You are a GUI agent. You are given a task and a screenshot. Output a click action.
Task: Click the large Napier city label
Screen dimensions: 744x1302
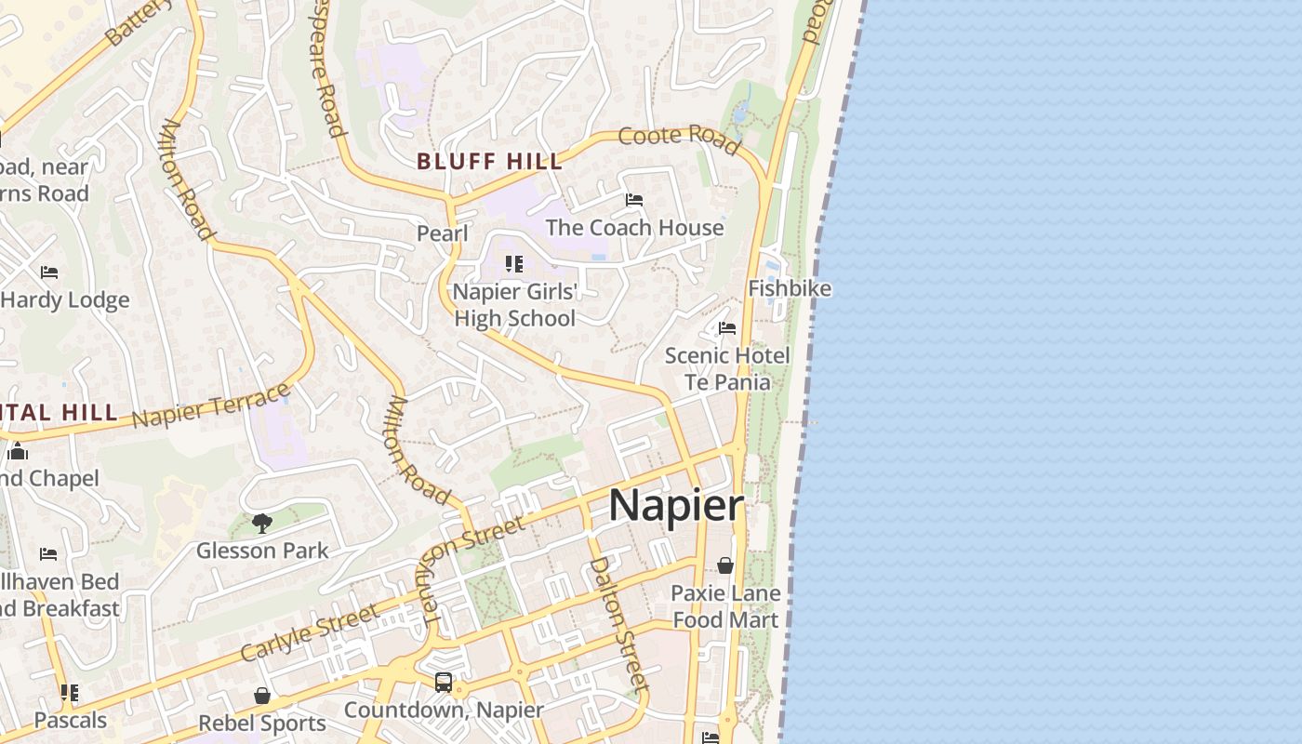[x=676, y=506]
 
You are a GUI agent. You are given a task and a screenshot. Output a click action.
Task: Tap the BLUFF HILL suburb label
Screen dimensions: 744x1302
[x=489, y=162]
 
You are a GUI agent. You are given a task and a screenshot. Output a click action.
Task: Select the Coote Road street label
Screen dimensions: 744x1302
[x=679, y=139]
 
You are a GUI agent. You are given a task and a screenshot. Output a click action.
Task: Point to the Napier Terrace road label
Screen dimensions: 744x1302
[x=211, y=405]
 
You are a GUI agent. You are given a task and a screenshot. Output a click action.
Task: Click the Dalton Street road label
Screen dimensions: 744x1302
[x=618, y=623]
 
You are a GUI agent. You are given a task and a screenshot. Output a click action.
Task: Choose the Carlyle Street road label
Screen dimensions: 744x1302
[x=309, y=632]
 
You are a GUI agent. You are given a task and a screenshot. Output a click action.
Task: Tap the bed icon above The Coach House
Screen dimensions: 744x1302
[x=634, y=200]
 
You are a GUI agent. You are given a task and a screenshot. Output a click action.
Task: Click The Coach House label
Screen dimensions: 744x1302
[x=634, y=228]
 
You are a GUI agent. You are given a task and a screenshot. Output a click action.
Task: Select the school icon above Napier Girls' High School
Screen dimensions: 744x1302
[x=514, y=264]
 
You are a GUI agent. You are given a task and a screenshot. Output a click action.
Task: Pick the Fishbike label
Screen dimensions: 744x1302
[x=790, y=288]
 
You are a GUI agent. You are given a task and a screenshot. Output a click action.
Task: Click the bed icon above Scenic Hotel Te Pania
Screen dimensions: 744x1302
[x=727, y=328]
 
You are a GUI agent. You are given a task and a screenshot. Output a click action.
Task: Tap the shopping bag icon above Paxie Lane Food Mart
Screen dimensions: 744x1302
[x=725, y=565]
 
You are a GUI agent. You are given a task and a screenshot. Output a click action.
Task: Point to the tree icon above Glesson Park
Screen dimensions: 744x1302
[x=262, y=524]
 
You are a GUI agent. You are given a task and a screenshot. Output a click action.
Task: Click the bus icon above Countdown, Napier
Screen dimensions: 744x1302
[x=444, y=683]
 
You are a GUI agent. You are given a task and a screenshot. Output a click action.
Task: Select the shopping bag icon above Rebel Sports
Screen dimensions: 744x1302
[x=262, y=696]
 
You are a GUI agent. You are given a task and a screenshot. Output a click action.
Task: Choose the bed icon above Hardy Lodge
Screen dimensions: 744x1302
[x=49, y=272]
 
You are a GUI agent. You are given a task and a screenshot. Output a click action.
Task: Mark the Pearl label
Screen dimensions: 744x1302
[x=443, y=233]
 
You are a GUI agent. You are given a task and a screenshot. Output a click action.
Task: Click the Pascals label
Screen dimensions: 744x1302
[x=71, y=720]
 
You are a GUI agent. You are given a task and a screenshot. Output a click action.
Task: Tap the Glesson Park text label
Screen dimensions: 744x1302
[x=262, y=551]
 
